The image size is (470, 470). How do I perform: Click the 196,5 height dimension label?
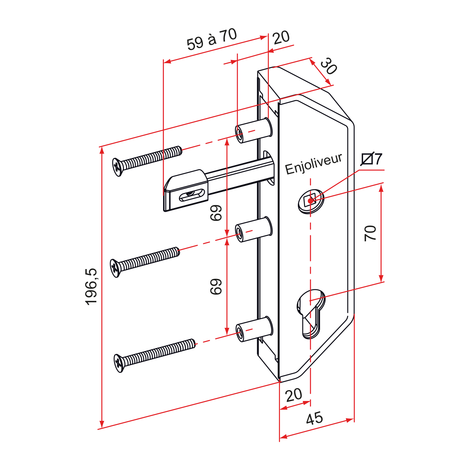click(91, 287)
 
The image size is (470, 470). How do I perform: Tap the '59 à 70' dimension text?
click(212, 39)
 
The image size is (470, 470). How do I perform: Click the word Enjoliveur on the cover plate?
click(314, 164)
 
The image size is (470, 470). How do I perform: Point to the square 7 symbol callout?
click(372, 159)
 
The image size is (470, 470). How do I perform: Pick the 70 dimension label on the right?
click(370, 234)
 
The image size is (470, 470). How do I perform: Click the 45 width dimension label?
click(314, 418)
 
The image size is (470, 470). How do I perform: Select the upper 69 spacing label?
click(216, 213)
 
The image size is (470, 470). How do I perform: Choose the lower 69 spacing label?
click(216, 287)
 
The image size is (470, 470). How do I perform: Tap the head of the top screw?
click(117, 167)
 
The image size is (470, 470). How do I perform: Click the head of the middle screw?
click(115, 268)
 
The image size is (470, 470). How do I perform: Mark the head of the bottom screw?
click(119, 363)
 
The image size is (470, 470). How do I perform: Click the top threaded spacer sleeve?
click(254, 130)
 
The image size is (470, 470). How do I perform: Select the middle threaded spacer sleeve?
click(254, 229)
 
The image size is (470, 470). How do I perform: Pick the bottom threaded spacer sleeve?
click(254, 329)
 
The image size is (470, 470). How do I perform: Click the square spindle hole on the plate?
click(310, 201)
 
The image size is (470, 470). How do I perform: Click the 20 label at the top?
click(281, 38)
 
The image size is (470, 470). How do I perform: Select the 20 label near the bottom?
click(294, 395)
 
